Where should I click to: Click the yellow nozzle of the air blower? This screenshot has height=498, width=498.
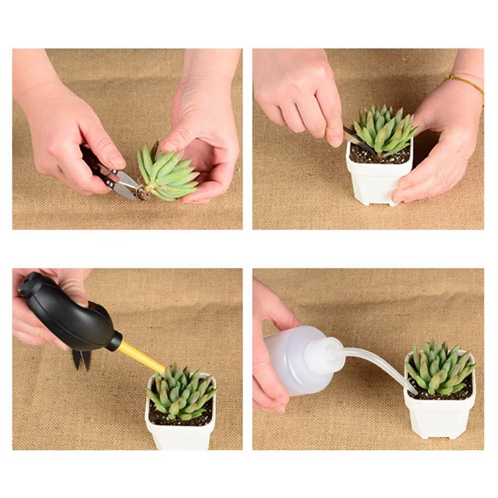click(x=141, y=357)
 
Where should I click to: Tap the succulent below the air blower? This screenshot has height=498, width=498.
click(x=181, y=392)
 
